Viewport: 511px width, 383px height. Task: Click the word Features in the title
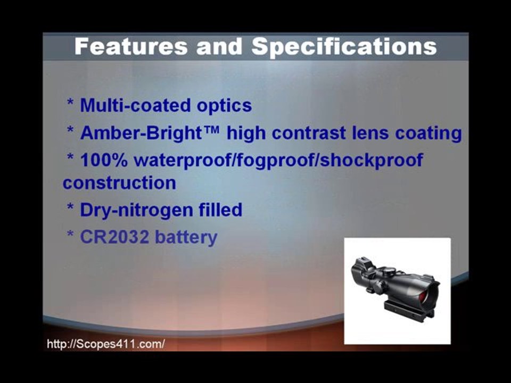tap(131, 46)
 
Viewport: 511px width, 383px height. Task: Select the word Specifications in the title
tap(344, 47)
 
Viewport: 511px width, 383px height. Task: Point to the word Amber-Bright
tap(141, 133)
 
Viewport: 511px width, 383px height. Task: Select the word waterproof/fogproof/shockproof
tap(278, 161)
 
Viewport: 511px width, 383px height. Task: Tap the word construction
tap(119, 183)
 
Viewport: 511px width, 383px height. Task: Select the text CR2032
tap(114, 237)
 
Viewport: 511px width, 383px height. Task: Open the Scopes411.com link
tap(106, 344)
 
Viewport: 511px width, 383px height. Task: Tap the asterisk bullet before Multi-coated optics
tap(70, 103)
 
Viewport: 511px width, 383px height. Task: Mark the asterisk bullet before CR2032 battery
tap(70, 234)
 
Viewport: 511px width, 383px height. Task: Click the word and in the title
tap(219, 46)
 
